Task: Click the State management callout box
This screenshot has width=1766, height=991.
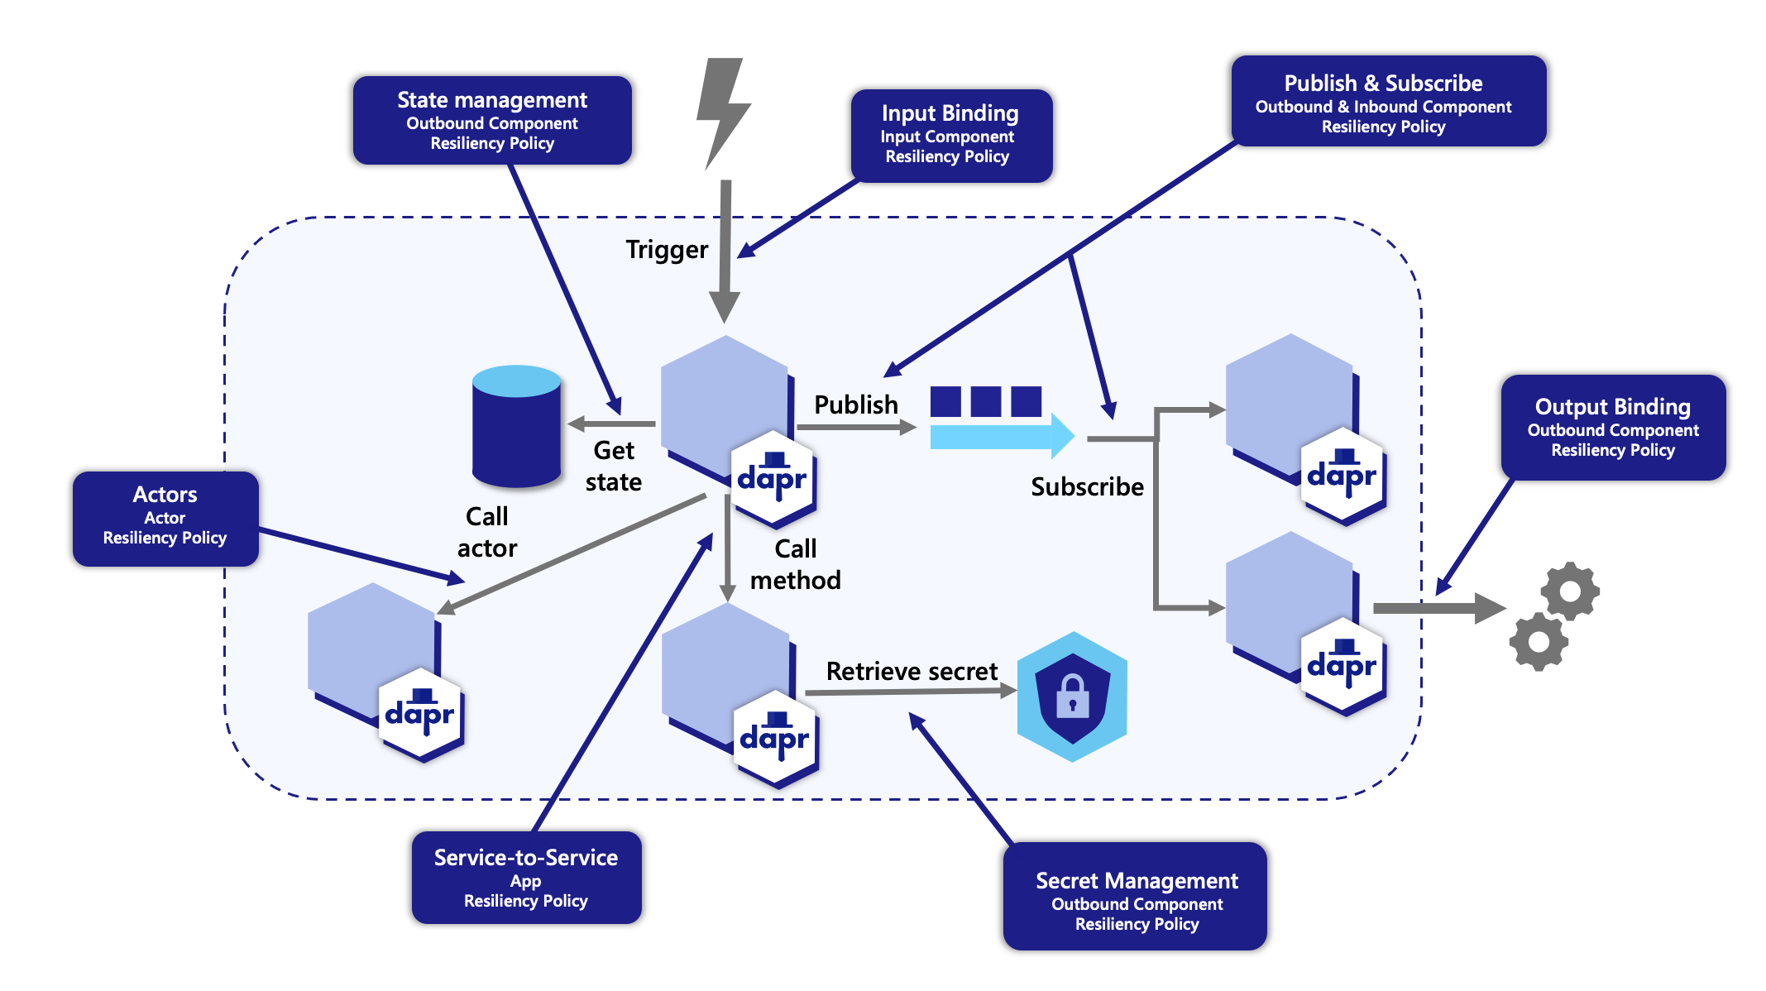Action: (492, 121)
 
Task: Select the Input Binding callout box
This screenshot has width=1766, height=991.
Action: (950, 135)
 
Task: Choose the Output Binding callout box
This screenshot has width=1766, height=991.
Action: (1612, 427)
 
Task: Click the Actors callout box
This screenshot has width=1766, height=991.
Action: (165, 518)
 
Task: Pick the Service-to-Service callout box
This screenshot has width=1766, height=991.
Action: (526, 878)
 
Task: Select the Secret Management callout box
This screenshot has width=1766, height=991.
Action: (1135, 897)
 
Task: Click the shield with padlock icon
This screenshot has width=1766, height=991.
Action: (1072, 696)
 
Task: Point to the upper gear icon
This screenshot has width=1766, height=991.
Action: (1569, 591)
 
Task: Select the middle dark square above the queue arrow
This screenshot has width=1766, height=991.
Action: (985, 401)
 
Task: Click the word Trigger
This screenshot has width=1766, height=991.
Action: (667, 250)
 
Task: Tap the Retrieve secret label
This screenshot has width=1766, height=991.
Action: (912, 671)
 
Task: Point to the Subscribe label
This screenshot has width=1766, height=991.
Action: (1087, 486)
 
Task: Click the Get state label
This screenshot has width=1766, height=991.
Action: (614, 466)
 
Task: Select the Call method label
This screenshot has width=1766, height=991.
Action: (795, 564)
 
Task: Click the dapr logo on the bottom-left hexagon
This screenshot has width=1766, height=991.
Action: (420, 714)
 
